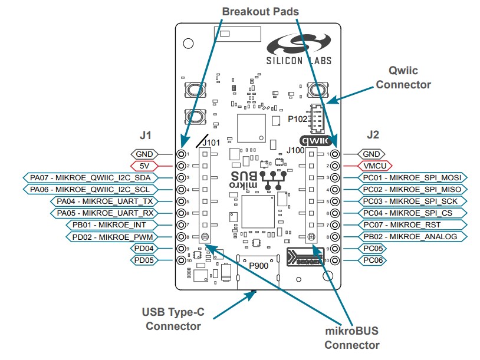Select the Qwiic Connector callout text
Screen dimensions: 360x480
[403, 78]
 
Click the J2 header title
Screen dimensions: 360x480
[373, 135]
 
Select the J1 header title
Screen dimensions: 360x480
[146, 135]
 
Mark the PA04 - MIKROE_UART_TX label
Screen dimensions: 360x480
[105, 201]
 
